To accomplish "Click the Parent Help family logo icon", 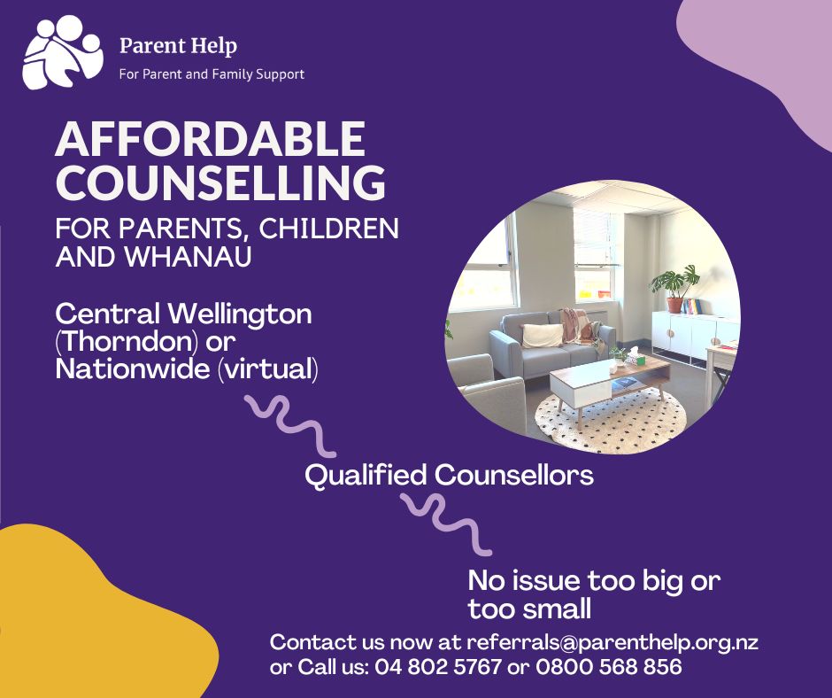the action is (x=63, y=52).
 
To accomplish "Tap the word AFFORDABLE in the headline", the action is (x=211, y=139).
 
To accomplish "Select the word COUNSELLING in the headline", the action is (x=220, y=182).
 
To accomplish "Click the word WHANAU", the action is (x=188, y=256).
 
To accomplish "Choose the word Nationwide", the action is (x=133, y=368).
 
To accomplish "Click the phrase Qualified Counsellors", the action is (x=449, y=475).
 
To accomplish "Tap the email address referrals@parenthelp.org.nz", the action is (x=612, y=643).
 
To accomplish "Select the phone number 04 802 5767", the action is (x=438, y=666).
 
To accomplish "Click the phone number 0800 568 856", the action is (x=609, y=666).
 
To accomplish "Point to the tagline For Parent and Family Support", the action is (x=212, y=74).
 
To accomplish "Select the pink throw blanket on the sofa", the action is (x=582, y=327).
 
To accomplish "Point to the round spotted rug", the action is (x=610, y=421).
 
